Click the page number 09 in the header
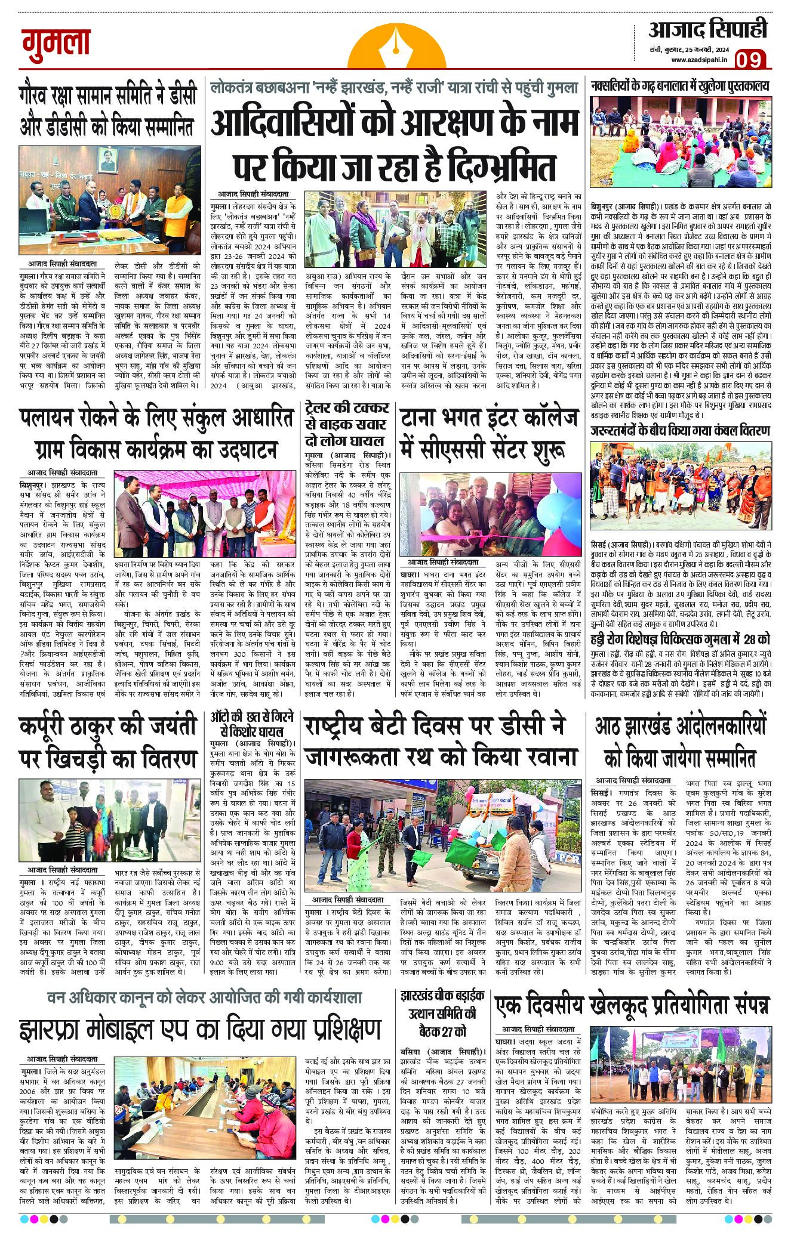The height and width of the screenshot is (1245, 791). pyautogui.click(x=750, y=60)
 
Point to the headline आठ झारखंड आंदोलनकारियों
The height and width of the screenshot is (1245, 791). pyautogui.click(x=679, y=742)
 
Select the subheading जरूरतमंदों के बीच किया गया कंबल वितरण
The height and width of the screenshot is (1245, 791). pyautogui.click(x=679, y=431)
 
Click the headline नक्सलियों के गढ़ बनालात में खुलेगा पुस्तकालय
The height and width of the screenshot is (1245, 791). pyautogui.click(x=680, y=86)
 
